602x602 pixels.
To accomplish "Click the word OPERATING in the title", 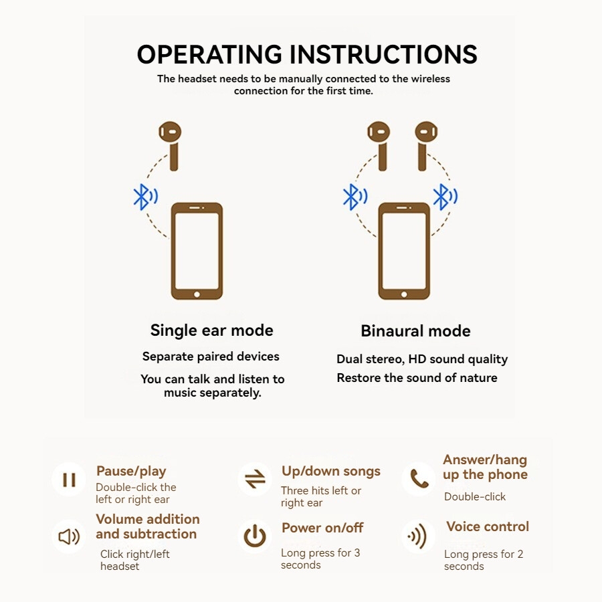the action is tap(209, 54).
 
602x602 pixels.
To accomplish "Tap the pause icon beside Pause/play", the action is tap(69, 480).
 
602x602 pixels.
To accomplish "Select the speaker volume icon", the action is tap(69, 536).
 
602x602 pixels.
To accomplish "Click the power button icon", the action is tap(255, 536).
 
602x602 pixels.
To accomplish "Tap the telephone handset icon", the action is tap(419, 478).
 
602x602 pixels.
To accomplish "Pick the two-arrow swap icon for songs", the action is tap(256, 479).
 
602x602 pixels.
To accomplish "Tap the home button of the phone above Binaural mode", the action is tap(404, 294).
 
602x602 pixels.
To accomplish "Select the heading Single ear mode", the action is tap(211, 330).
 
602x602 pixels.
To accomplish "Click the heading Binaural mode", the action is tap(415, 331).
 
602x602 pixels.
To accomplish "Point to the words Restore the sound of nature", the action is tap(417, 378).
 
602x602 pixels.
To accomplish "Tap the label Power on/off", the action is tap(322, 528).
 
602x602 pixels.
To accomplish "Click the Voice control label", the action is tap(488, 526).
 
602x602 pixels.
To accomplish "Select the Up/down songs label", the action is tap(331, 472).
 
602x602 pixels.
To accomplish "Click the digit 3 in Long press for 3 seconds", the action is tap(357, 553).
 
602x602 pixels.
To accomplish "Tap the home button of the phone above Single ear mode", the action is tap(197, 294).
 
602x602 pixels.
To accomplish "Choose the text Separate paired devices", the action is tap(211, 357).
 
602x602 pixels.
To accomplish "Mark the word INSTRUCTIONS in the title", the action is tap(383, 54).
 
